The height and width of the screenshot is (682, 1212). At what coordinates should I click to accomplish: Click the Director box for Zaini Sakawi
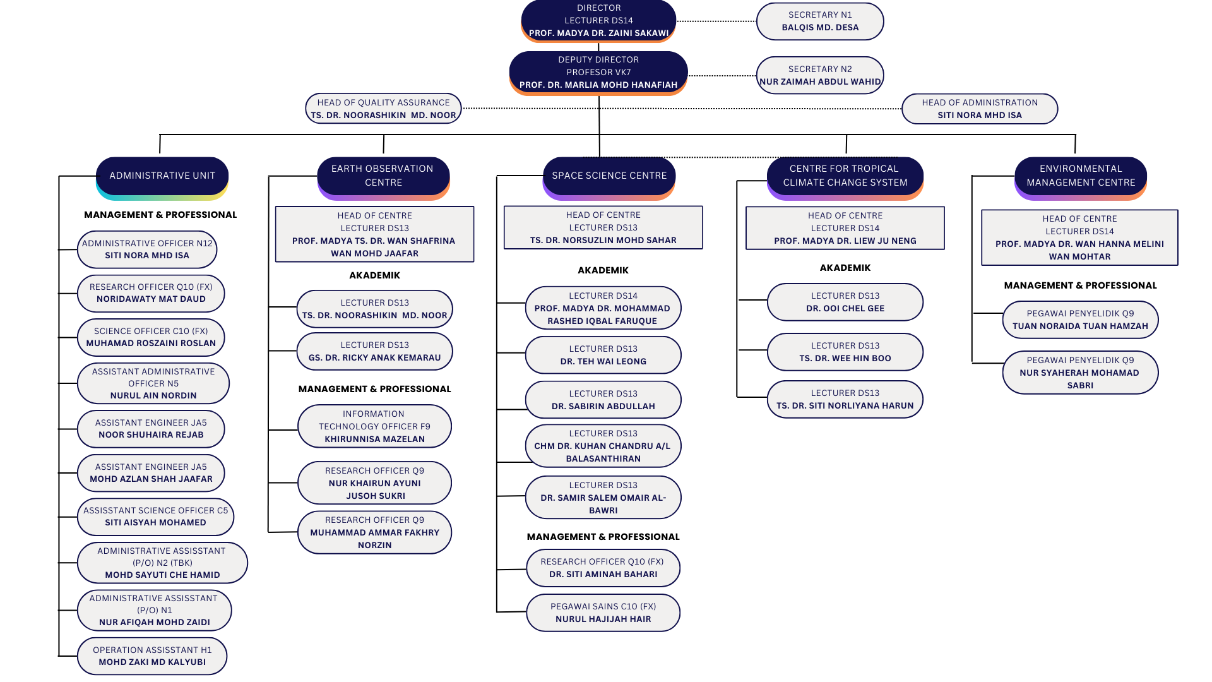[x=598, y=21]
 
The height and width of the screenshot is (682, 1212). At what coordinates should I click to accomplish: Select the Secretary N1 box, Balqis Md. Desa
[x=820, y=21]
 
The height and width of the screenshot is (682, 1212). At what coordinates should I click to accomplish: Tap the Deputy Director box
[x=598, y=73]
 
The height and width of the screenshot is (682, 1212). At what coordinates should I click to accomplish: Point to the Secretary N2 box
[x=820, y=75]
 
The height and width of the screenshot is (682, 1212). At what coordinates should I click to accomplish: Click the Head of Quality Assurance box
[x=383, y=109]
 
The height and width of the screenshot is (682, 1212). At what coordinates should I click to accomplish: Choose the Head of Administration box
[x=980, y=109]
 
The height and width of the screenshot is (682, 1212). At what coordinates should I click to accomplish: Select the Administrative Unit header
[x=162, y=176]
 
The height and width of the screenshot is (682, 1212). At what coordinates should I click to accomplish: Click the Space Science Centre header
[x=609, y=176]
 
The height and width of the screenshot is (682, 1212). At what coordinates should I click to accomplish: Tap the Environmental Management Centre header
[x=1081, y=176]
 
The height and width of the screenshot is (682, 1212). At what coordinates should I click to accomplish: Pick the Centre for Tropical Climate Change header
[x=845, y=176]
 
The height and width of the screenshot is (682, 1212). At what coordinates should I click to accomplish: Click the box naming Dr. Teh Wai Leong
[x=603, y=355]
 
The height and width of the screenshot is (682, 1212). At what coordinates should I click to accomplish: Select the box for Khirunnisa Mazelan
[x=374, y=426]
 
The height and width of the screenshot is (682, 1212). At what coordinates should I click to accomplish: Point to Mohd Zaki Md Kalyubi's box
[x=152, y=656]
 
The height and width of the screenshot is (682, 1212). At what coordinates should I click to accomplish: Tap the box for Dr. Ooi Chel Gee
[x=845, y=302]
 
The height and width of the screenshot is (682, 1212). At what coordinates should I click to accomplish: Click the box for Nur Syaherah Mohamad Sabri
[x=1080, y=373]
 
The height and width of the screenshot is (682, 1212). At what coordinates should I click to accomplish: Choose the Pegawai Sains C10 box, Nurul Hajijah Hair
[x=603, y=613]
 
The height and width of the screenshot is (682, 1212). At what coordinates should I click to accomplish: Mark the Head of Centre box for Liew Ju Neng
[x=845, y=228]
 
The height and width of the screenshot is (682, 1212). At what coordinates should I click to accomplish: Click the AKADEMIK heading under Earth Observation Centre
[x=374, y=275]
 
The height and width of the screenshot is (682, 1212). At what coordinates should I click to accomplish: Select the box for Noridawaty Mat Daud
[x=151, y=293]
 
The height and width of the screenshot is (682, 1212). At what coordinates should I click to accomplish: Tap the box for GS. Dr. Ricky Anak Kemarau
[x=374, y=351]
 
